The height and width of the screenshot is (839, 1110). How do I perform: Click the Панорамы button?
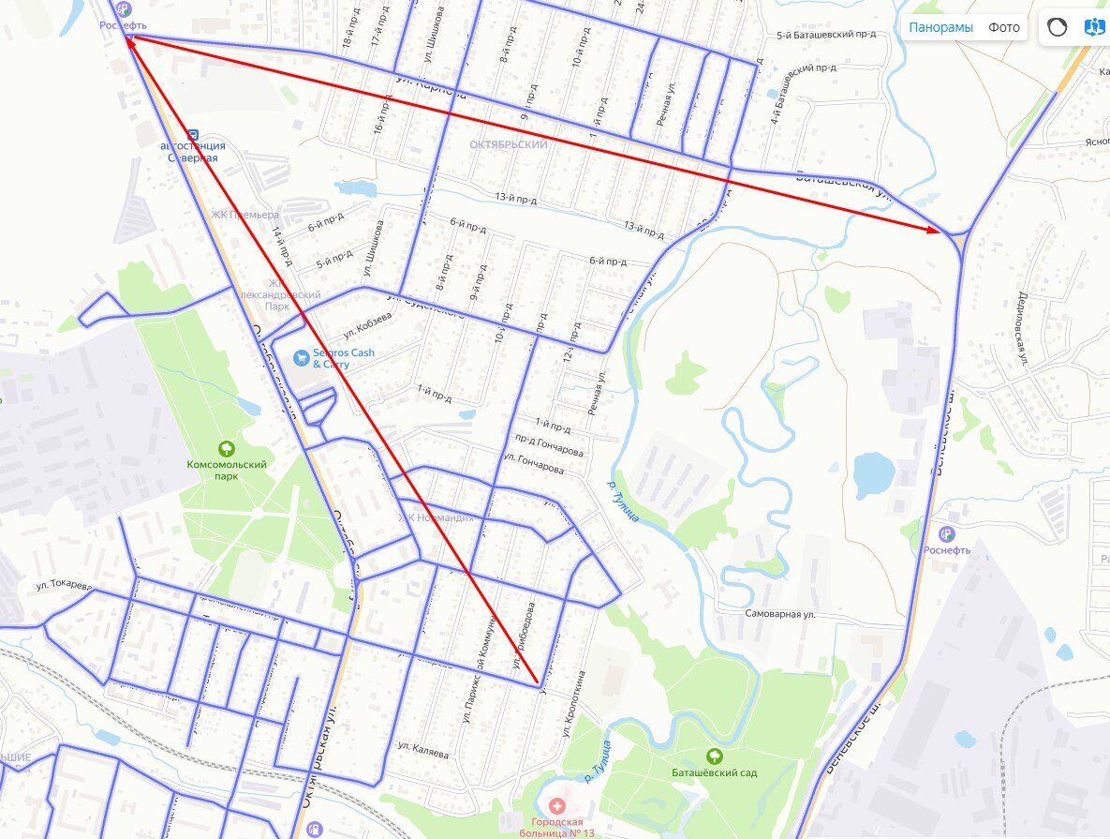coord(940,27)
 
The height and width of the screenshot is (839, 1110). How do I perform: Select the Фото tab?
coord(1004,27)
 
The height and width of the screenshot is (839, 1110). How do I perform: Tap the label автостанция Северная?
coord(192,152)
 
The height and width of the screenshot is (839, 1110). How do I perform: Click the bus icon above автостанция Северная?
coord(193,134)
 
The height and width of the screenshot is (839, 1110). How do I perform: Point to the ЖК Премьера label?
coord(245,215)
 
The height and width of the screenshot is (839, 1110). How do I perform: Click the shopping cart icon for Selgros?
coord(301,357)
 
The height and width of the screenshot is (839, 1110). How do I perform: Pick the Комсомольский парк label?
coord(226,470)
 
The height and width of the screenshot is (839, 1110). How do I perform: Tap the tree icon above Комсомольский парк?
coord(226,448)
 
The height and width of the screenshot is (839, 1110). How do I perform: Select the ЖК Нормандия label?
coord(436,517)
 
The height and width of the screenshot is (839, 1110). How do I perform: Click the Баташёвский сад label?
coord(715,772)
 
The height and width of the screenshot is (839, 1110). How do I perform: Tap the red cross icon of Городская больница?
coord(558,806)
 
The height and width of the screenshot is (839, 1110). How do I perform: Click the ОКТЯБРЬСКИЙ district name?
coord(509,145)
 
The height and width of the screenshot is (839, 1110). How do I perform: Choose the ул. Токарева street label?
coord(64,586)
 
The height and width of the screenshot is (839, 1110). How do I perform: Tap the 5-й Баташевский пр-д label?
coord(826,36)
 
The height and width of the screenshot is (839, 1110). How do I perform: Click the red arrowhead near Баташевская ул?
coord(933,229)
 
